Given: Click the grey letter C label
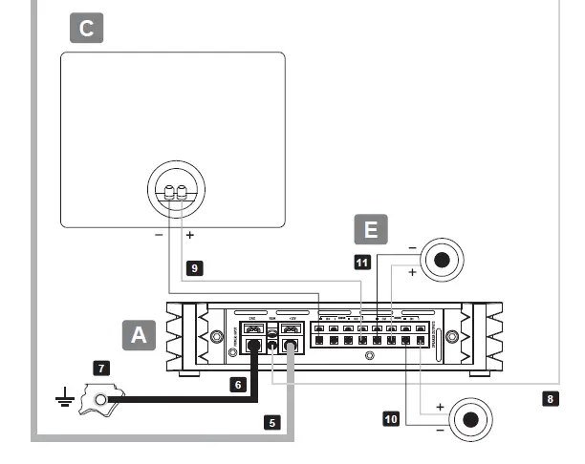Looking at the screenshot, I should coord(86,29).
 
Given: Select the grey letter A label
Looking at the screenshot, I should coord(140,334).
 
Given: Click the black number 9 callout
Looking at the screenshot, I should coord(194,269).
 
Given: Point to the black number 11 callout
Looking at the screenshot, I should coord(362,262).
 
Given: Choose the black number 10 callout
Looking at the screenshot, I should coord(390,418).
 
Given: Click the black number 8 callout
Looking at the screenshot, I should coord(549,398).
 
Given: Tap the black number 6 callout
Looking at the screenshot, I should coord(237,383).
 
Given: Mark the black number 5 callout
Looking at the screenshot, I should coord(272,420).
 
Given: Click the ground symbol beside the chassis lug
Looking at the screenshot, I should coord(63,398).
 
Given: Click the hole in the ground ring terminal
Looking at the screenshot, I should coord(99,398).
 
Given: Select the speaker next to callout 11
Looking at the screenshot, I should coord(441,260).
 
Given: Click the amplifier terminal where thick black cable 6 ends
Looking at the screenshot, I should coord(253,346).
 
